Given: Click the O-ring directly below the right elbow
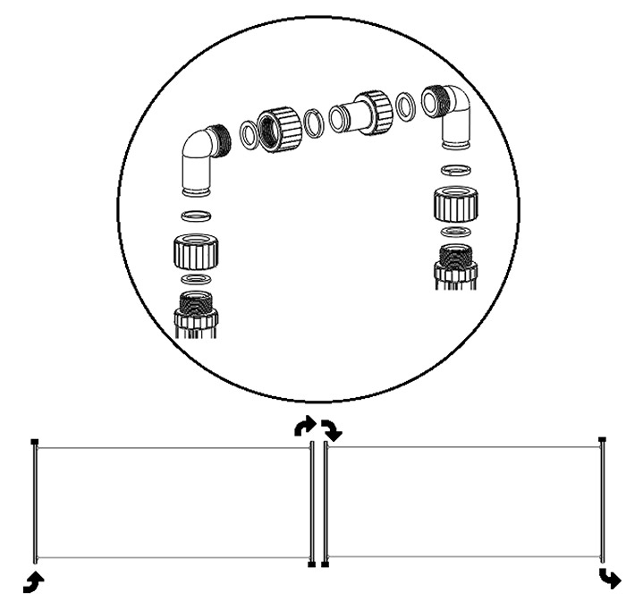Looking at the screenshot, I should click(x=457, y=171).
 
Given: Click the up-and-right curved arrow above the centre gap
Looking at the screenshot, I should click(x=305, y=427).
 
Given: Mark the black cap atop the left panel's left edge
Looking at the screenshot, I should click(x=34, y=441).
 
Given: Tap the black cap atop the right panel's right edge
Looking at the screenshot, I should click(x=603, y=440).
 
